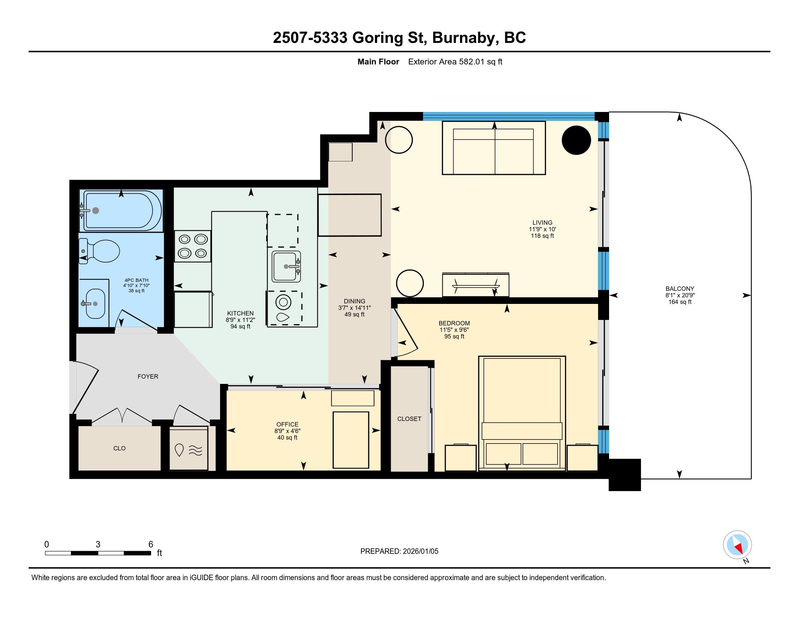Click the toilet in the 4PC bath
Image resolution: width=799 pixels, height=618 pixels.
(x=100, y=251)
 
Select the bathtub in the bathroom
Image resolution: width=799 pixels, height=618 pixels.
(x=121, y=210)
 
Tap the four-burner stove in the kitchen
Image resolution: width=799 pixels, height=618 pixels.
(x=192, y=246)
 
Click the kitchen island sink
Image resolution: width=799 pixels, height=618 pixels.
(x=286, y=266)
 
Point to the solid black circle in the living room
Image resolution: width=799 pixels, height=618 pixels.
(x=576, y=140)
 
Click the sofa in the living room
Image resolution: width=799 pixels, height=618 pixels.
(x=494, y=148)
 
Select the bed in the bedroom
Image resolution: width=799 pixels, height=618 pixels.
(x=522, y=413)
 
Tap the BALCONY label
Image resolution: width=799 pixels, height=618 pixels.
(x=680, y=289)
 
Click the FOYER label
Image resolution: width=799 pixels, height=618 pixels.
(x=148, y=376)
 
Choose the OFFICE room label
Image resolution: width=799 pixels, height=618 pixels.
(x=288, y=424)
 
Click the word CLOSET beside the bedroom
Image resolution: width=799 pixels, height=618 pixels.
(x=409, y=419)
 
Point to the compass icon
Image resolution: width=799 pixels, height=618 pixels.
(x=738, y=545)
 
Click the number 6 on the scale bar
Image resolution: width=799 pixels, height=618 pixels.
(x=151, y=545)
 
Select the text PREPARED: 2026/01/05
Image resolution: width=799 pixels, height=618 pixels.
(x=399, y=551)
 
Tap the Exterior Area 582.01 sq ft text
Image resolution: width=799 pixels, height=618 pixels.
(x=455, y=62)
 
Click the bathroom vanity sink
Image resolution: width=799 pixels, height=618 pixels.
(x=95, y=304)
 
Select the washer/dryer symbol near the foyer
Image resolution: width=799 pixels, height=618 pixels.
(x=188, y=448)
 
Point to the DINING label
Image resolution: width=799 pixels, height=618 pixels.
(x=354, y=301)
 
